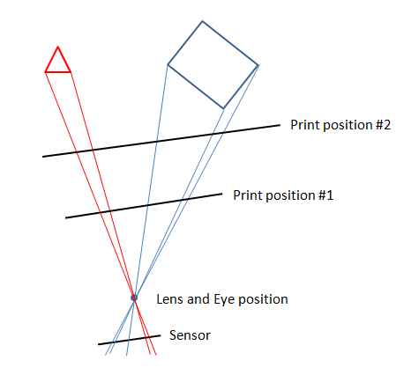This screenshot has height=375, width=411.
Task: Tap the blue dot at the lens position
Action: [x=134, y=298]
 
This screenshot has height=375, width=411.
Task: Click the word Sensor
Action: [x=190, y=335]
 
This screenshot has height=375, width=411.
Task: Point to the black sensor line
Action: [x=130, y=340]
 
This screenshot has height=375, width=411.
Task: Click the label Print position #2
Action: [x=340, y=125]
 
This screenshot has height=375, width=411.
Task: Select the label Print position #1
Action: [x=283, y=195]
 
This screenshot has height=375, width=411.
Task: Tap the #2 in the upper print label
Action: [x=383, y=125]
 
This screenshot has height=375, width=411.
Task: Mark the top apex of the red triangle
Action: [x=58, y=47]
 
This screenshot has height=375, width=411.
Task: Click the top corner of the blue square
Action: [x=202, y=21]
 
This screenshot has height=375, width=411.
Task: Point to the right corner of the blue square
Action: [x=258, y=65]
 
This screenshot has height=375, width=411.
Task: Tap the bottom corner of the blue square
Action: [x=223, y=109]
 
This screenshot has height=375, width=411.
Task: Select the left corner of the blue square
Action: [x=168, y=64]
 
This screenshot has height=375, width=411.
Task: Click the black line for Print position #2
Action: [x=161, y=141]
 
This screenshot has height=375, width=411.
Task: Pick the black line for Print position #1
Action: [x=144, y=206]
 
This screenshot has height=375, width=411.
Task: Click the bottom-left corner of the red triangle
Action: [x=45, y=72]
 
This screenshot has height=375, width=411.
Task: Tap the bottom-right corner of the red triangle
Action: [x=71, y=72]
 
